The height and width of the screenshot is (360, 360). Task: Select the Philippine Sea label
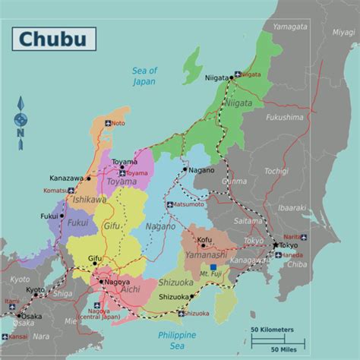pyautogui.click(x=176, y=340)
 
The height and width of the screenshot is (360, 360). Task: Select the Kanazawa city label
pyautogui.click(x=66, y=178)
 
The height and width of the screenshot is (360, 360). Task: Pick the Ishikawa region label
pyautogui.click(x=89, y=200)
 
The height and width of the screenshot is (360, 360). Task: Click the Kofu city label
pyautogui.click(x=204, y=240)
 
